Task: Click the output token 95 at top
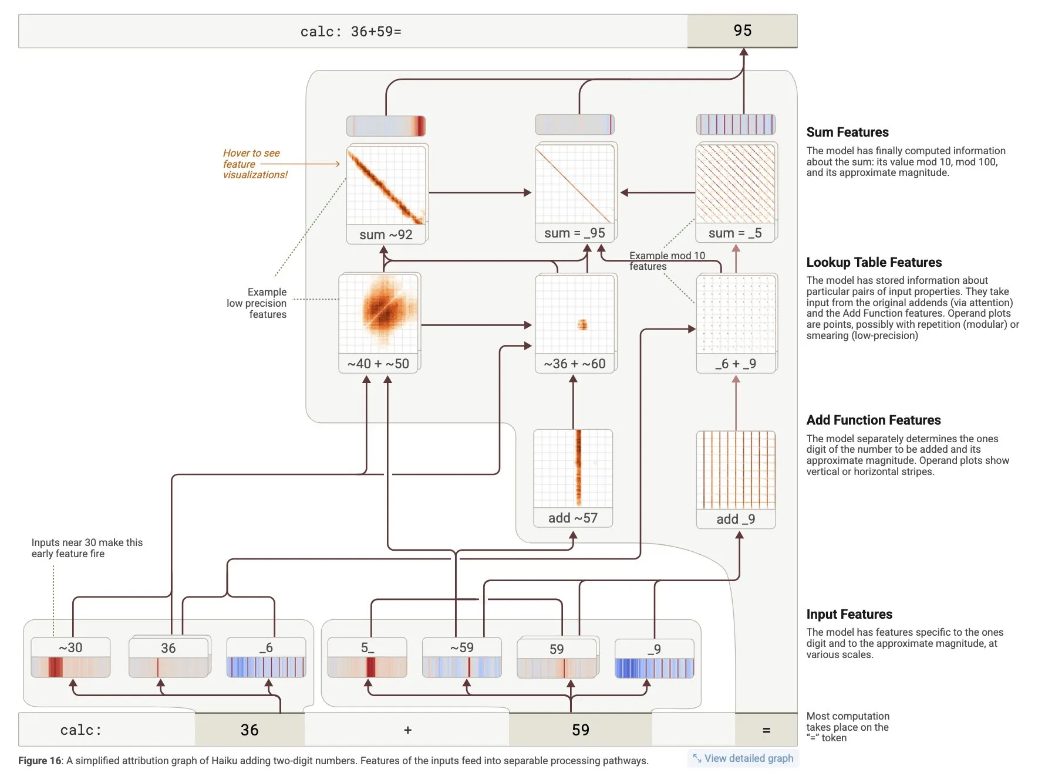[742, 30]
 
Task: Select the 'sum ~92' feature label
[386, 235]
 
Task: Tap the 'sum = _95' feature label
[574, 233]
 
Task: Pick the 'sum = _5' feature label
[735, 233]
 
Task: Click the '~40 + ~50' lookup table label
[378, 364]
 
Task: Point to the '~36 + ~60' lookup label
[574, 364]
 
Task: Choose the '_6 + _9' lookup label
[735, 364]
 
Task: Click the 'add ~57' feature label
[572, 518]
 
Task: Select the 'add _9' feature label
[736, 519]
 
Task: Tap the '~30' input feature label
[70, 647]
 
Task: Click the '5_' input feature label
[368, 647]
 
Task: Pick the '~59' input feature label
[462, 647]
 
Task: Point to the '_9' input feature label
[654, 649]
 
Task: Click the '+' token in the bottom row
[407, 730]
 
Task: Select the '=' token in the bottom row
[766, 730]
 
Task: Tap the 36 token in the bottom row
[250, 730]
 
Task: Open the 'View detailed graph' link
[748, 758]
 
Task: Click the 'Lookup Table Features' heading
[874, 262]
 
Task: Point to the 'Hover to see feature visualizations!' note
[255, 164]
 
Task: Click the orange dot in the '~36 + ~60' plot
[582, 324]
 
